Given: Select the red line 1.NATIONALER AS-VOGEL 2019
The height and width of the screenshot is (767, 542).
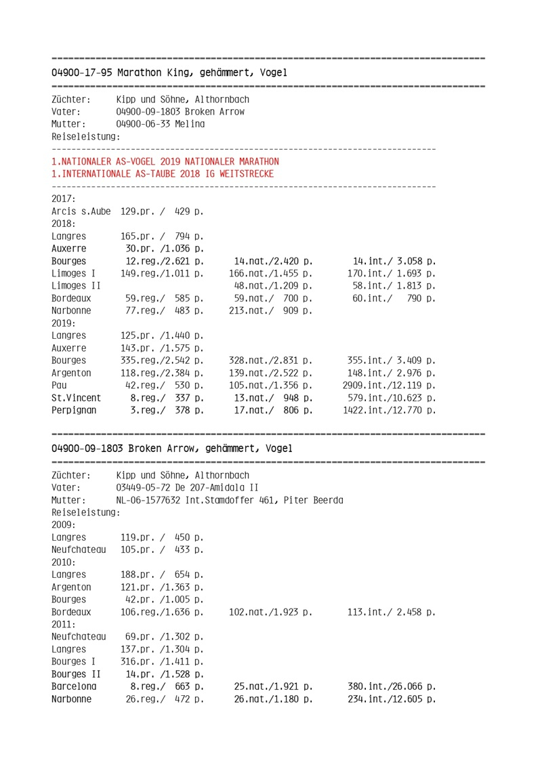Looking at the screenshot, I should tap(165, 162).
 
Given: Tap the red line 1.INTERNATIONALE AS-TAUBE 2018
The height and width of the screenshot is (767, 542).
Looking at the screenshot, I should tap(163, 174).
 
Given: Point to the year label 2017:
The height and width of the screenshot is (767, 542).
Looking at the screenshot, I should tap(63, 199).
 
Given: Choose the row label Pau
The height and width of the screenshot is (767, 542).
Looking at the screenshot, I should tap(60, 386).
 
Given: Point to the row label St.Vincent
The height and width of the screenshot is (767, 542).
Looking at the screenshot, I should tap(76, 398).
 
